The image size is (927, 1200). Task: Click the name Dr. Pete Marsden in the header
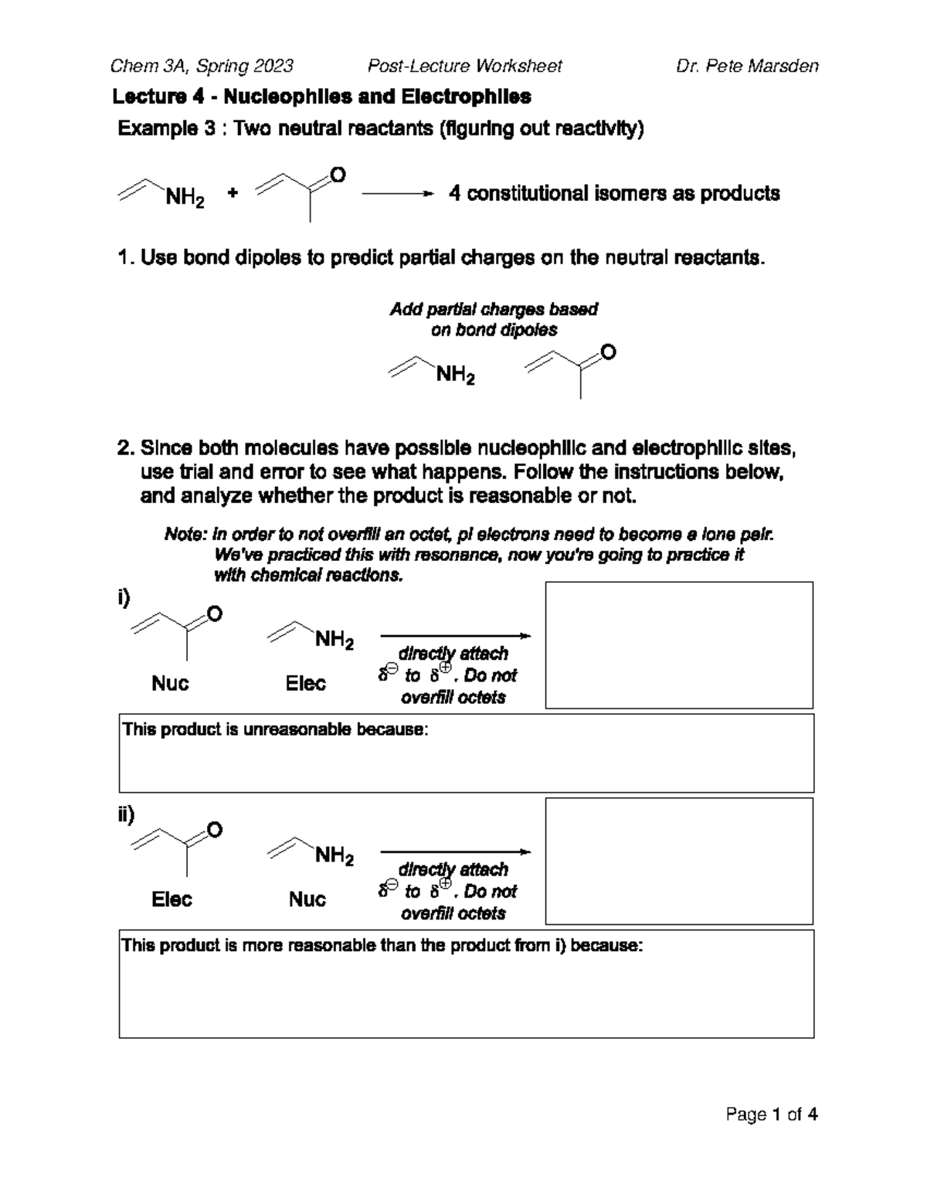coord(746,66)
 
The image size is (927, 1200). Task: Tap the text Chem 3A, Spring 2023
coord(202,66)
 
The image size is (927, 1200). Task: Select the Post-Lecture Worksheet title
coord(464,66)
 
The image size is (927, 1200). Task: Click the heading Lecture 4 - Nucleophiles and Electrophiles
coord(321,97)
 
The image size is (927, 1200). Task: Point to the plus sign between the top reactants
coord(233,193)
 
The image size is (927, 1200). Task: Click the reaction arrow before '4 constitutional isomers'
coord(393,194)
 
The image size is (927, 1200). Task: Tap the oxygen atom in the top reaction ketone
coord(337,175)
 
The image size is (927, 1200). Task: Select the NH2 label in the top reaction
coord(185,199)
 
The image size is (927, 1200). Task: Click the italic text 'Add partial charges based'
coord(493,309)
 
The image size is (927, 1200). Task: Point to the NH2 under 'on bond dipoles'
coord(455,376)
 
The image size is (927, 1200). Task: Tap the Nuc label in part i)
coord(170,683)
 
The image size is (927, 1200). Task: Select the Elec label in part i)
coord(305,683)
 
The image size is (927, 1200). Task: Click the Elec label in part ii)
coord(171,899)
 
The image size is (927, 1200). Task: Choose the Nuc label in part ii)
coord(307,899)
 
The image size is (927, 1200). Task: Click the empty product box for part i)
coord(679,645)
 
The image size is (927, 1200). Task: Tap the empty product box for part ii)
coord(679,861)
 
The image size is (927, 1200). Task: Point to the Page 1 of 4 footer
coord(771,1114)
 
